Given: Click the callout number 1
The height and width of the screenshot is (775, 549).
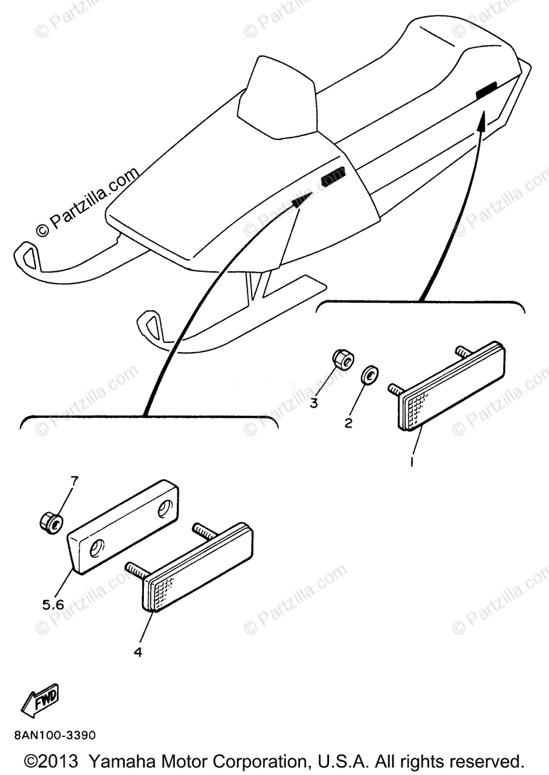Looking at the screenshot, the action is [411, 463].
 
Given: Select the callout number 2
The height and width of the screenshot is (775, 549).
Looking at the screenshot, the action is [348, 423].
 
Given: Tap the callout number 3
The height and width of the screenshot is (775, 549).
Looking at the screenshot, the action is [314, 404].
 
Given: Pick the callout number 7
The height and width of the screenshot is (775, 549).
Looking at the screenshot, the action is [74, 480].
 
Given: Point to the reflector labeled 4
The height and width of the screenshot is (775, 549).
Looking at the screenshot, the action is [197, 566].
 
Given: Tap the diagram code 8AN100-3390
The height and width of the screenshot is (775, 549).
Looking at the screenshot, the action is [53, 735].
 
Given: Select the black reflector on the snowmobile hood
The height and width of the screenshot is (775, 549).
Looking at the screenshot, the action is [334, 176].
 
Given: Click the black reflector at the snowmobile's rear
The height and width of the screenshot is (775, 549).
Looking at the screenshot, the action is [486, 90].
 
